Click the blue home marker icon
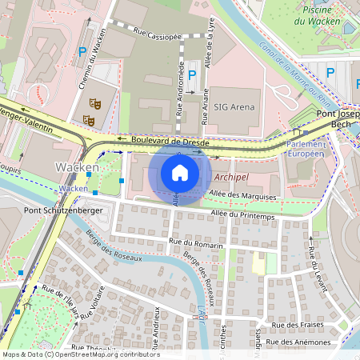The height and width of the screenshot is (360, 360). [179, 173]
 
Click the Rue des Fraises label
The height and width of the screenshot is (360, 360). [300, 326]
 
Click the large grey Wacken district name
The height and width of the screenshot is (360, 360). [77, 166]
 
